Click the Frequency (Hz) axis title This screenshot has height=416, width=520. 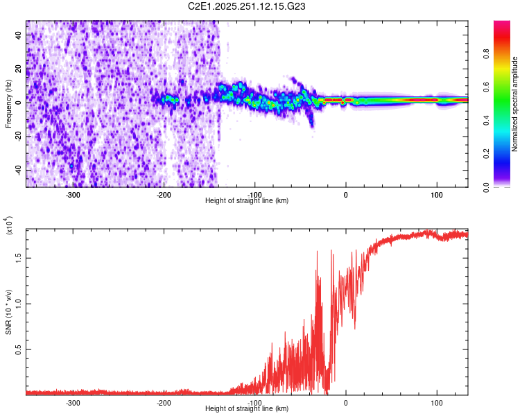[x=8, y=103]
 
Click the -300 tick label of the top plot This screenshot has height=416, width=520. [x=73, y=195]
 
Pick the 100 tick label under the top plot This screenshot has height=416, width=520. [x=437, y=195]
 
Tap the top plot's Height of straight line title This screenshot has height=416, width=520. [x=247, y=201]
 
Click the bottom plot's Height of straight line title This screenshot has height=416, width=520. [x=247, y=409]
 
